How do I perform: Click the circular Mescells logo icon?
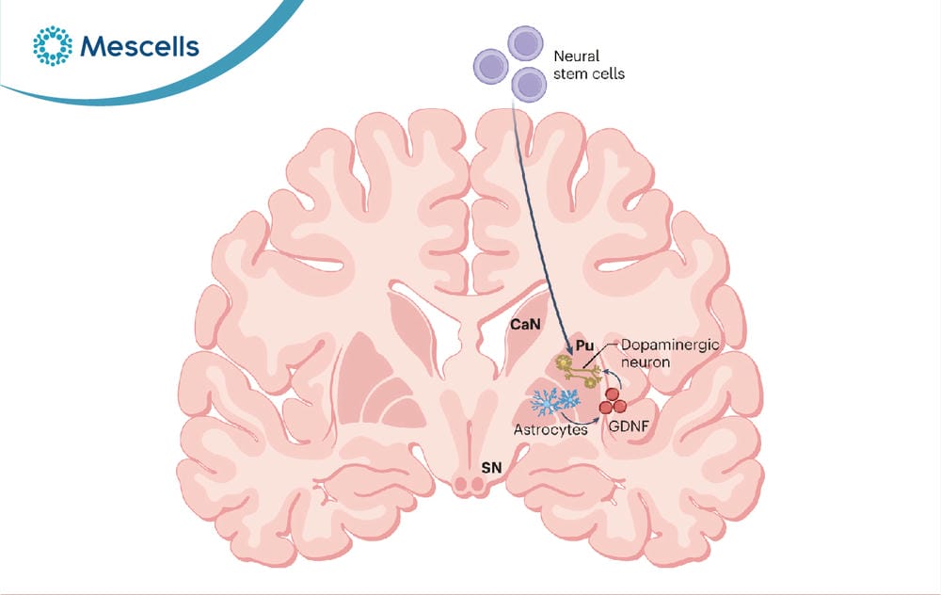coord(52,45)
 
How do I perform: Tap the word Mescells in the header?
coord(139,47)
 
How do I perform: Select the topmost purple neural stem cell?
coord(525,43)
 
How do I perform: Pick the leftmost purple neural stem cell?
coord(491,67)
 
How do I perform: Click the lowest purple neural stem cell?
coord(529,85)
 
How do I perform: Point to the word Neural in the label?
coord(576,56)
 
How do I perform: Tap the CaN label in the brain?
coord(525,325)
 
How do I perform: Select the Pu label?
coord(584,346)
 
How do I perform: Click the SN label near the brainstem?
coord(491,467)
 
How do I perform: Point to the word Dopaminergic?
coord(670,346)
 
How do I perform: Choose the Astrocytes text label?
coord(550,430)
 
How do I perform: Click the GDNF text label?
coord(629,426)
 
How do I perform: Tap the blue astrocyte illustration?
coord(556,402)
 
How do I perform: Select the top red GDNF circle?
coord(613,394)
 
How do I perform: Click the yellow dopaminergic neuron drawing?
coord(578,370)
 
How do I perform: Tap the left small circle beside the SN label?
coord(462,483)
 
